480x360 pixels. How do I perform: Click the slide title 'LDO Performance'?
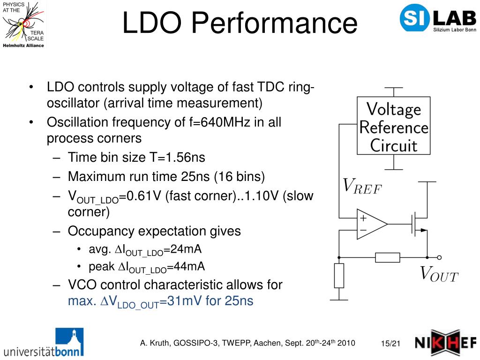coord(240,23)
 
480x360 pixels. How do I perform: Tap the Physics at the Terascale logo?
coord(23,24)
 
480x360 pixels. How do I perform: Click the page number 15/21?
coord(390,344)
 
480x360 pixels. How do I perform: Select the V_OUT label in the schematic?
coord(439,274)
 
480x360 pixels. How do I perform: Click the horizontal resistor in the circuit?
coord(388,257)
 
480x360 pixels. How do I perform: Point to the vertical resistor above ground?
coord(339,275)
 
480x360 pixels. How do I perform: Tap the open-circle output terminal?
coord(439,257)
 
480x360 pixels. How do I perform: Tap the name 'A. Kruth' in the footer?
coord(155,343)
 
